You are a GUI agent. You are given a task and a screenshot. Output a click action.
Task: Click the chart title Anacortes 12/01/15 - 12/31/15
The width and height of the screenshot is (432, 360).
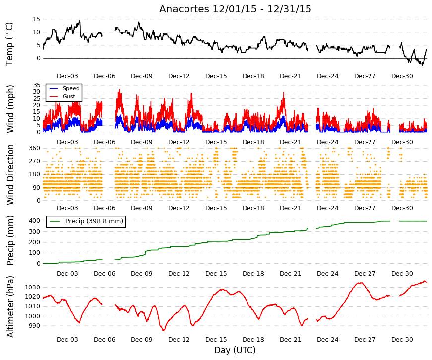pos(235,9)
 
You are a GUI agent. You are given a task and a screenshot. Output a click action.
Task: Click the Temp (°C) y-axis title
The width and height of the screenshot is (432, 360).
pos(9,44)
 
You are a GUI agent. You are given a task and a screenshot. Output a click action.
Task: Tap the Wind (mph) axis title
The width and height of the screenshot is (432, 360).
pos(10,109)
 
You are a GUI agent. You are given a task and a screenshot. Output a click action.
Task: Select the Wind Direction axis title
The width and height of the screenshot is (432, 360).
pos(10,175)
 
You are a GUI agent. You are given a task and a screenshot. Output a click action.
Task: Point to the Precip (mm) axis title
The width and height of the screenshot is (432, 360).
pos(10,240)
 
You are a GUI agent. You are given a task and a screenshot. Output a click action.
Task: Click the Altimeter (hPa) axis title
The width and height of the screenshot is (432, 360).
pos(10,306)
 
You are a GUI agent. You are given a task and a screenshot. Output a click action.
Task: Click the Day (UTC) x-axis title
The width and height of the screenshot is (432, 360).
pos(235,350)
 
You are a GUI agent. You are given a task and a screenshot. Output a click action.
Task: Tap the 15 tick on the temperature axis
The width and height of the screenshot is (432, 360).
pos(36,19)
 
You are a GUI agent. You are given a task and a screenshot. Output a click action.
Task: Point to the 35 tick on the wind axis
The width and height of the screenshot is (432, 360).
pos(37,85)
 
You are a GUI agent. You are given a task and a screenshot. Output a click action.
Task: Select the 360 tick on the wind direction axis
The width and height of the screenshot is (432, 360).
pos(35,148)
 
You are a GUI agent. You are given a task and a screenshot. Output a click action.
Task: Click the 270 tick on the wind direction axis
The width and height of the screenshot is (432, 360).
pos(35,161)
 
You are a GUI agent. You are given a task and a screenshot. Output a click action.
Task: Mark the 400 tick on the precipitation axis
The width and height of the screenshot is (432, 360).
pos(35,221)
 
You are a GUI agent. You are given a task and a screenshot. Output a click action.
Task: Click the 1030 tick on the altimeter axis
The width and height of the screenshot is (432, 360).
pos(33,288)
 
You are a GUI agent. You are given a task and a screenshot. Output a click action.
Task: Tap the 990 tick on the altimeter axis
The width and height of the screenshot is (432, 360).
pos(34,326)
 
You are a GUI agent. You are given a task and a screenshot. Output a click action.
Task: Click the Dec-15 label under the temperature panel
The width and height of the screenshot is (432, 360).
pos(216,76)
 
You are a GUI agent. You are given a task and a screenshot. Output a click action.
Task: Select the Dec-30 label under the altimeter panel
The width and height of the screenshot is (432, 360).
pos(402,340)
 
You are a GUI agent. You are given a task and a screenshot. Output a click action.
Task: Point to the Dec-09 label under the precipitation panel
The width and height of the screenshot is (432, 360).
pos(142,274)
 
